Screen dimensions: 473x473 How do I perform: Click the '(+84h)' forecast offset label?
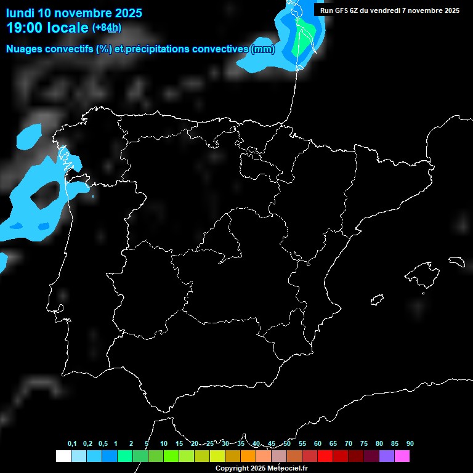point(107,28)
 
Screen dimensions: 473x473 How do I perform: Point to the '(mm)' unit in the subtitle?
point(262,49)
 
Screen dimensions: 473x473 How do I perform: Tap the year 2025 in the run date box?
point(450,10)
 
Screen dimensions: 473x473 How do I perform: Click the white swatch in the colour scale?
point(63,456)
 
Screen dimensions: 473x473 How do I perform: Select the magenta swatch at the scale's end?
point(402,456)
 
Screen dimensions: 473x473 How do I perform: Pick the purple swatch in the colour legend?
point(387,456)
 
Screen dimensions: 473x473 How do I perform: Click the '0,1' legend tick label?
point(72,444)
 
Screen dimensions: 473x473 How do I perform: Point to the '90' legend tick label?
point(410,444)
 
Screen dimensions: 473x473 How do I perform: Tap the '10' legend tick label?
point(163,444)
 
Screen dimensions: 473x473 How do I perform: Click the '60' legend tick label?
point(318,444)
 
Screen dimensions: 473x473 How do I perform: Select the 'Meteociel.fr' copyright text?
point(286,469)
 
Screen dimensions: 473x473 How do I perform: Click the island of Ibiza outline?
point(377,300)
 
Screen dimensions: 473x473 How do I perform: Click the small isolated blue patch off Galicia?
point(26,137)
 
